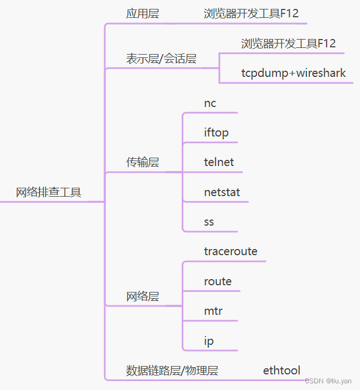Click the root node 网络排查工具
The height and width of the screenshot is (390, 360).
point(48,193)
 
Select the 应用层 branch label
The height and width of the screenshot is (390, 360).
point(142,14)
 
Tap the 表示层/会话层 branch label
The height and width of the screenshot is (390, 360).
point(161,58)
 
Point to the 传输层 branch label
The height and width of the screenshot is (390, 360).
point(142,163)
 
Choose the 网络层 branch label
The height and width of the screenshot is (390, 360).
point(142,296)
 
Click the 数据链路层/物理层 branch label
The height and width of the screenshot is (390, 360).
point(172,370)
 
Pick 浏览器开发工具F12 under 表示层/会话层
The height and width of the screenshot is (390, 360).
point(288,43)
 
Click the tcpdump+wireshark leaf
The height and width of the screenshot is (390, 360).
point(293,73)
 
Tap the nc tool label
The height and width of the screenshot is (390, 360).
point(210,103)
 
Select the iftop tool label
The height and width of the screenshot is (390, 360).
point(216,133)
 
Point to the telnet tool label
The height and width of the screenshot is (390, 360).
point(219,162)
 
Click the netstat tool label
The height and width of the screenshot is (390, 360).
point(222,192)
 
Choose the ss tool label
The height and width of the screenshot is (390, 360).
point(209,222)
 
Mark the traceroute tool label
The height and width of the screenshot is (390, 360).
point(231,251)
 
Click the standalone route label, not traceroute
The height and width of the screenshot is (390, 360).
point(218,281)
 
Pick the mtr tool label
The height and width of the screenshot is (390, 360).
point(213,311)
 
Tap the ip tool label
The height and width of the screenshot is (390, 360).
point(209,341)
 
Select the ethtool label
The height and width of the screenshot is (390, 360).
point(281,370)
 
